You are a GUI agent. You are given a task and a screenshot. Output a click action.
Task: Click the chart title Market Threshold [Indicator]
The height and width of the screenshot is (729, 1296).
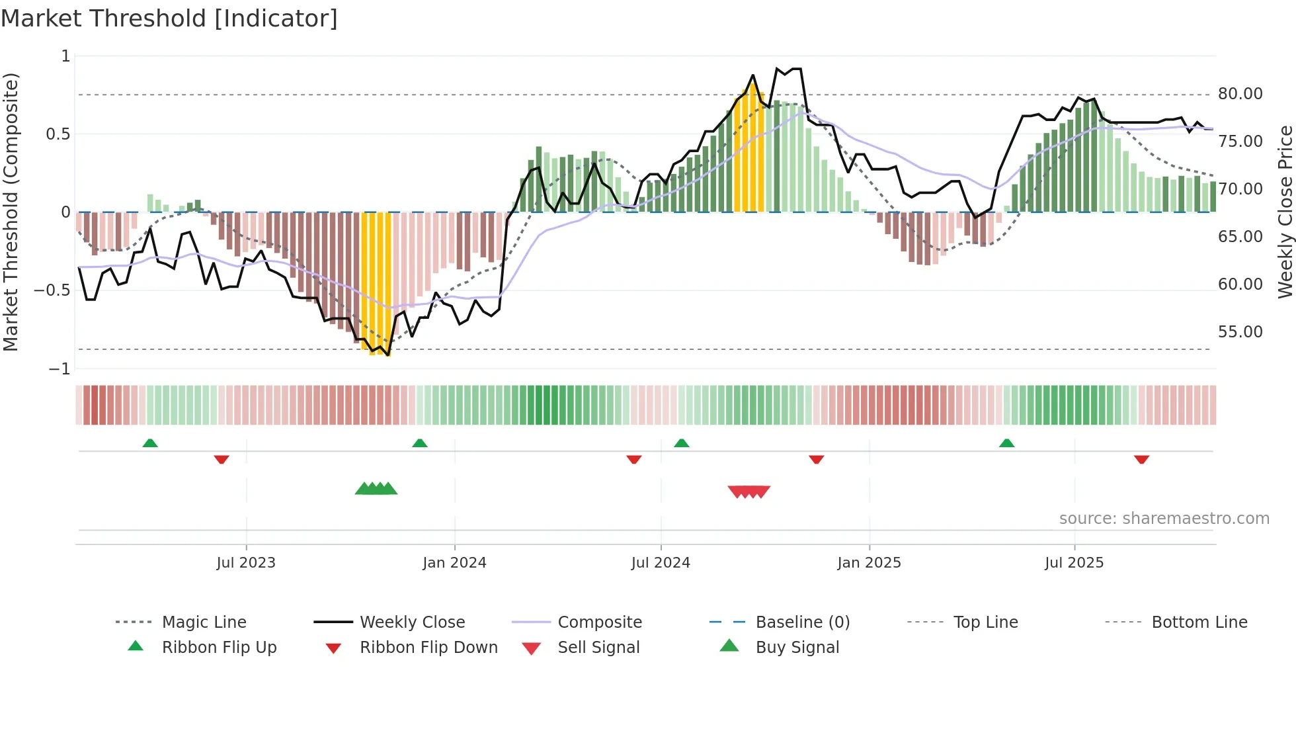point(169,19)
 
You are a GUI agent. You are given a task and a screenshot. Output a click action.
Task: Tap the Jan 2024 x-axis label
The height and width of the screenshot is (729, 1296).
point(454,563)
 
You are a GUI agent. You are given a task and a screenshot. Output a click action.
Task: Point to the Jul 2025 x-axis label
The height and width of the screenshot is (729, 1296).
point(1074,563)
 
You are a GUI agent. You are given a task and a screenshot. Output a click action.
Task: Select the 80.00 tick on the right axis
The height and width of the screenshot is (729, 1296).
point(1240,94)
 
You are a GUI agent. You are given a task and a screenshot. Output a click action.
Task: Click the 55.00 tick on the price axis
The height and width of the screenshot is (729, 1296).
point(1240,332)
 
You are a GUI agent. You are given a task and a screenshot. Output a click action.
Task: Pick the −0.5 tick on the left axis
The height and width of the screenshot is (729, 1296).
point(52,290)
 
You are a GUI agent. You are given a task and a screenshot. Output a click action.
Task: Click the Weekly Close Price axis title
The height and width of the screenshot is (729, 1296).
point(1285,212)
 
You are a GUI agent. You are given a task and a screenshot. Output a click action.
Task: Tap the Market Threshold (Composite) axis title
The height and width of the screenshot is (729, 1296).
point(11,212)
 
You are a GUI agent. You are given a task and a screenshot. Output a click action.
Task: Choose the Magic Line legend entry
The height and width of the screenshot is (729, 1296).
point(204,622)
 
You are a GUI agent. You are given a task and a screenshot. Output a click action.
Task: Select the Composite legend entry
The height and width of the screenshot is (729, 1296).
point(599,622)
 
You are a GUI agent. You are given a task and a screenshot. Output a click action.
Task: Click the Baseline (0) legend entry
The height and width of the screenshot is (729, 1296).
point(802,622)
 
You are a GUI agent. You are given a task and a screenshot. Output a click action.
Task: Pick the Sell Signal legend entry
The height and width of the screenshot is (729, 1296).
point(598,648)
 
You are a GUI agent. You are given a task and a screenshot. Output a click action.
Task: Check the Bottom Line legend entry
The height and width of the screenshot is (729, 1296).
point(1199,622)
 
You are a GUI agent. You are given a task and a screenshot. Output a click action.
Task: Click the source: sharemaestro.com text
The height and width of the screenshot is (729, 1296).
point(1164,519)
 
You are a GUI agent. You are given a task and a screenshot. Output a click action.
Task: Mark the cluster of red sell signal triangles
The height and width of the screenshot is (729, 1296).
point(749,492)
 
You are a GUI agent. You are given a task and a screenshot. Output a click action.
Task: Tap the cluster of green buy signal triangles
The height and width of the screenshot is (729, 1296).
point(376,489)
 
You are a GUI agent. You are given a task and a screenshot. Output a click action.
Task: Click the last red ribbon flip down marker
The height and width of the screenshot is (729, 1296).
point(1141,459)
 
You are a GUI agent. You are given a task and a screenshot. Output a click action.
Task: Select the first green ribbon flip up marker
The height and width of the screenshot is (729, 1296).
point(150,443)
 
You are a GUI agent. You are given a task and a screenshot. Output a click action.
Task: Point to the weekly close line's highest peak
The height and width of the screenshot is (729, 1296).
point(777,68)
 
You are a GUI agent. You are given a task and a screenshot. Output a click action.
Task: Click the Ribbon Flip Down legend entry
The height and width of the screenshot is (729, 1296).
point(428,648)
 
